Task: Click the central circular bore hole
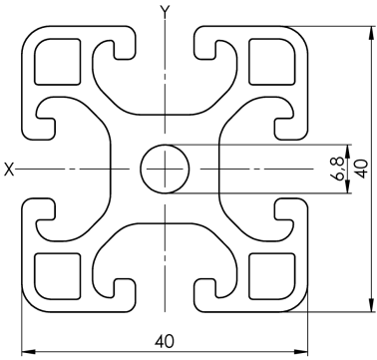click(165, 169)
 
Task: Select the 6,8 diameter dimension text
click(339, 169)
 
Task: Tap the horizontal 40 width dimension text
click(165, 341)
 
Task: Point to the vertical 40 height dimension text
click(362, 169)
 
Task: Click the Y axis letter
click(165, 12)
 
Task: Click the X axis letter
click(9, 170)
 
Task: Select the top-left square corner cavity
click(58, 62)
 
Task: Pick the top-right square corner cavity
click(272, 62)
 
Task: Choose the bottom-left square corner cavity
click(58, 276)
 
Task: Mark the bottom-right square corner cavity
click(272, 276)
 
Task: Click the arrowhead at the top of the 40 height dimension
click(371, 33)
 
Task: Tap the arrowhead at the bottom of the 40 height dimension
click(371, 305)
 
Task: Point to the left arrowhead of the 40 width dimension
click(29, 351)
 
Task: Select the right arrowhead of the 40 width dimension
click(301, 351)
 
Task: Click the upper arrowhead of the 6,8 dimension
click(348, 152)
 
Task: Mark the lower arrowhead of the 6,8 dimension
click(348, 186)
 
